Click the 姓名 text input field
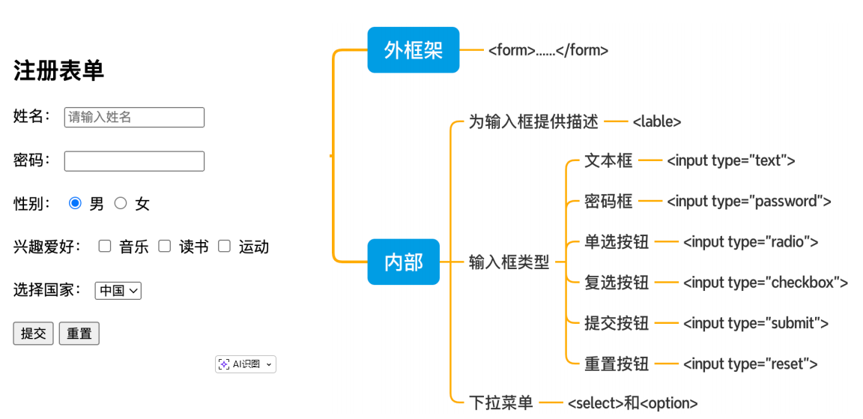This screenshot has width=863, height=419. [x=134, y=117]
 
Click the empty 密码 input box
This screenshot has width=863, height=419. [x=134, y=161]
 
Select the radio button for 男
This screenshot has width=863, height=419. [x=75, y=203]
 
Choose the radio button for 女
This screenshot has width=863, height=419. [x=121, y=203]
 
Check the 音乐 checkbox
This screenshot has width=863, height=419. [x=105, y=246]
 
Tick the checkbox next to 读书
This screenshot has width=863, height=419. [x=165, y=246]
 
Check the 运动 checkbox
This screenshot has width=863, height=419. [x=224, y=246]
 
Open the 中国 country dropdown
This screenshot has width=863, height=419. [x=118, y=290]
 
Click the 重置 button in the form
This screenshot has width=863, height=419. [x=79, y=334]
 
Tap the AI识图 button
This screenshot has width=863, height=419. [x=245, y=364]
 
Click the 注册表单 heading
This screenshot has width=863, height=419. [x=58, y=70]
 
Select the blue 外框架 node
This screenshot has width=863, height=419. [x=413, y=50]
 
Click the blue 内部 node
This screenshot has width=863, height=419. [x=403, y=262]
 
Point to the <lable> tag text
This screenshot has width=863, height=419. [x=656, y=121]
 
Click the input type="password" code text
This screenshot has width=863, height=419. [x=748, y=201]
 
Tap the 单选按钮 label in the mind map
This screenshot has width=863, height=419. [x=617, y=242]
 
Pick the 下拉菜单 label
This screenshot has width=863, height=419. [x=500, y=403]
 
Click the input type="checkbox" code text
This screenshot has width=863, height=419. [x=765, y=283]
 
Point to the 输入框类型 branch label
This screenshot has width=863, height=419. [x=509, y=262]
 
